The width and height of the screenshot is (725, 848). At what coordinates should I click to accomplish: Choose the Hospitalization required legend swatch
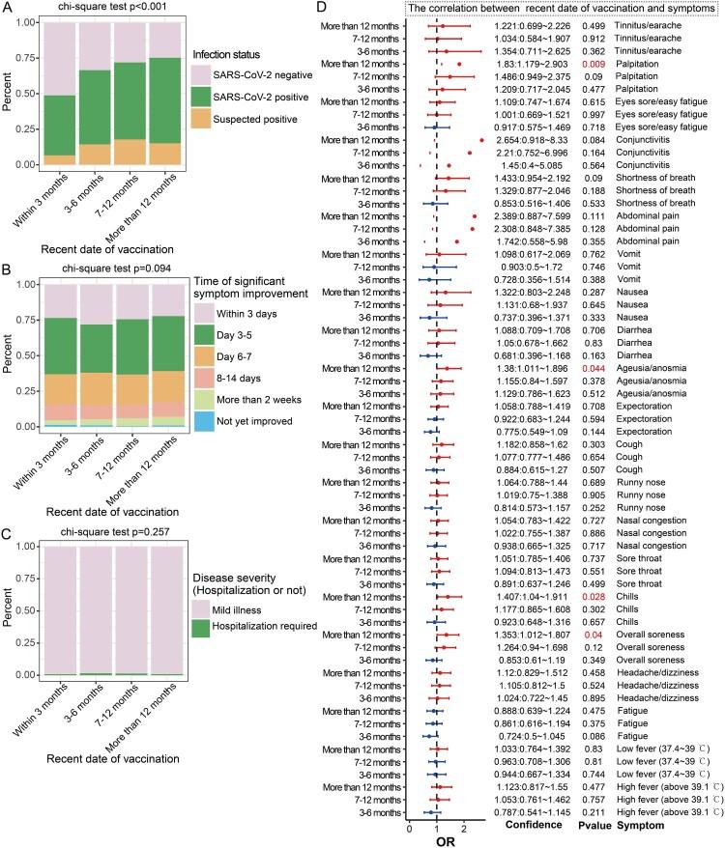coord(202,626)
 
